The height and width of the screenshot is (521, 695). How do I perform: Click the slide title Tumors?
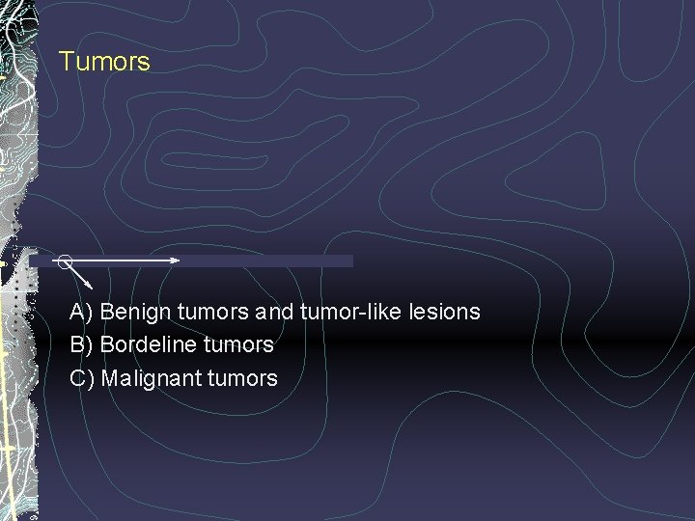pyautogui.click(x=104, y=62)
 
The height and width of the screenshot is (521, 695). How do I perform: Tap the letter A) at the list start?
pyautogui.click(x=81, y=313)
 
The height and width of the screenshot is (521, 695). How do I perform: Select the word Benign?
pyautogui.click(x=135, y=313)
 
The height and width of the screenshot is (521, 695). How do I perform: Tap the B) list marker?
pyautogui.click(x=81, y=344)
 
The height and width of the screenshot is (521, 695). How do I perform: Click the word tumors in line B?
pyautogui.click(x=238, y=344)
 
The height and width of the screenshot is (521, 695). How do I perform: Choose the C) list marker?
pyautogui.click(x=81, y=378)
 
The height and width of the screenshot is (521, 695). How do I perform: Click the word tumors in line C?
pyautogui.click(x=242, y=378)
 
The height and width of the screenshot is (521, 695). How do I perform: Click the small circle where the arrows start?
pyautogui.click(x=64, y=260)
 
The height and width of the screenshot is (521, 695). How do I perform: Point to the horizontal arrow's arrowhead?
pyautogui.click(x=176, y=260)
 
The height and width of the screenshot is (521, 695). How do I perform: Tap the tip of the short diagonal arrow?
pyautogui.click(x=90, y=287)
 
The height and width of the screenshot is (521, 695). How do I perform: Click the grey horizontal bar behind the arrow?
pyautogui.click(x=270, y=260)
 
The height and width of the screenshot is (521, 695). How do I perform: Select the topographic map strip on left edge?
pyautogui.click(x=17, y=260)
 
